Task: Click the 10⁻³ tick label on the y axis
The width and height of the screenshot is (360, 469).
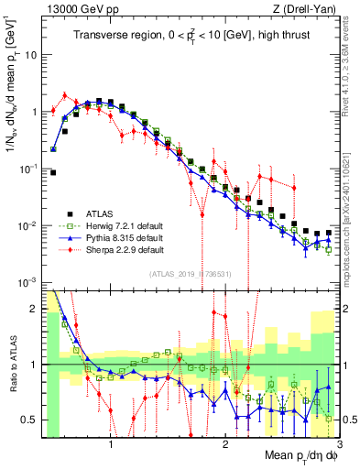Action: [x=29, y=282]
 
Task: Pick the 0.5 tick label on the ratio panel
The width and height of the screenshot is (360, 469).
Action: [x=30, y=420]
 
